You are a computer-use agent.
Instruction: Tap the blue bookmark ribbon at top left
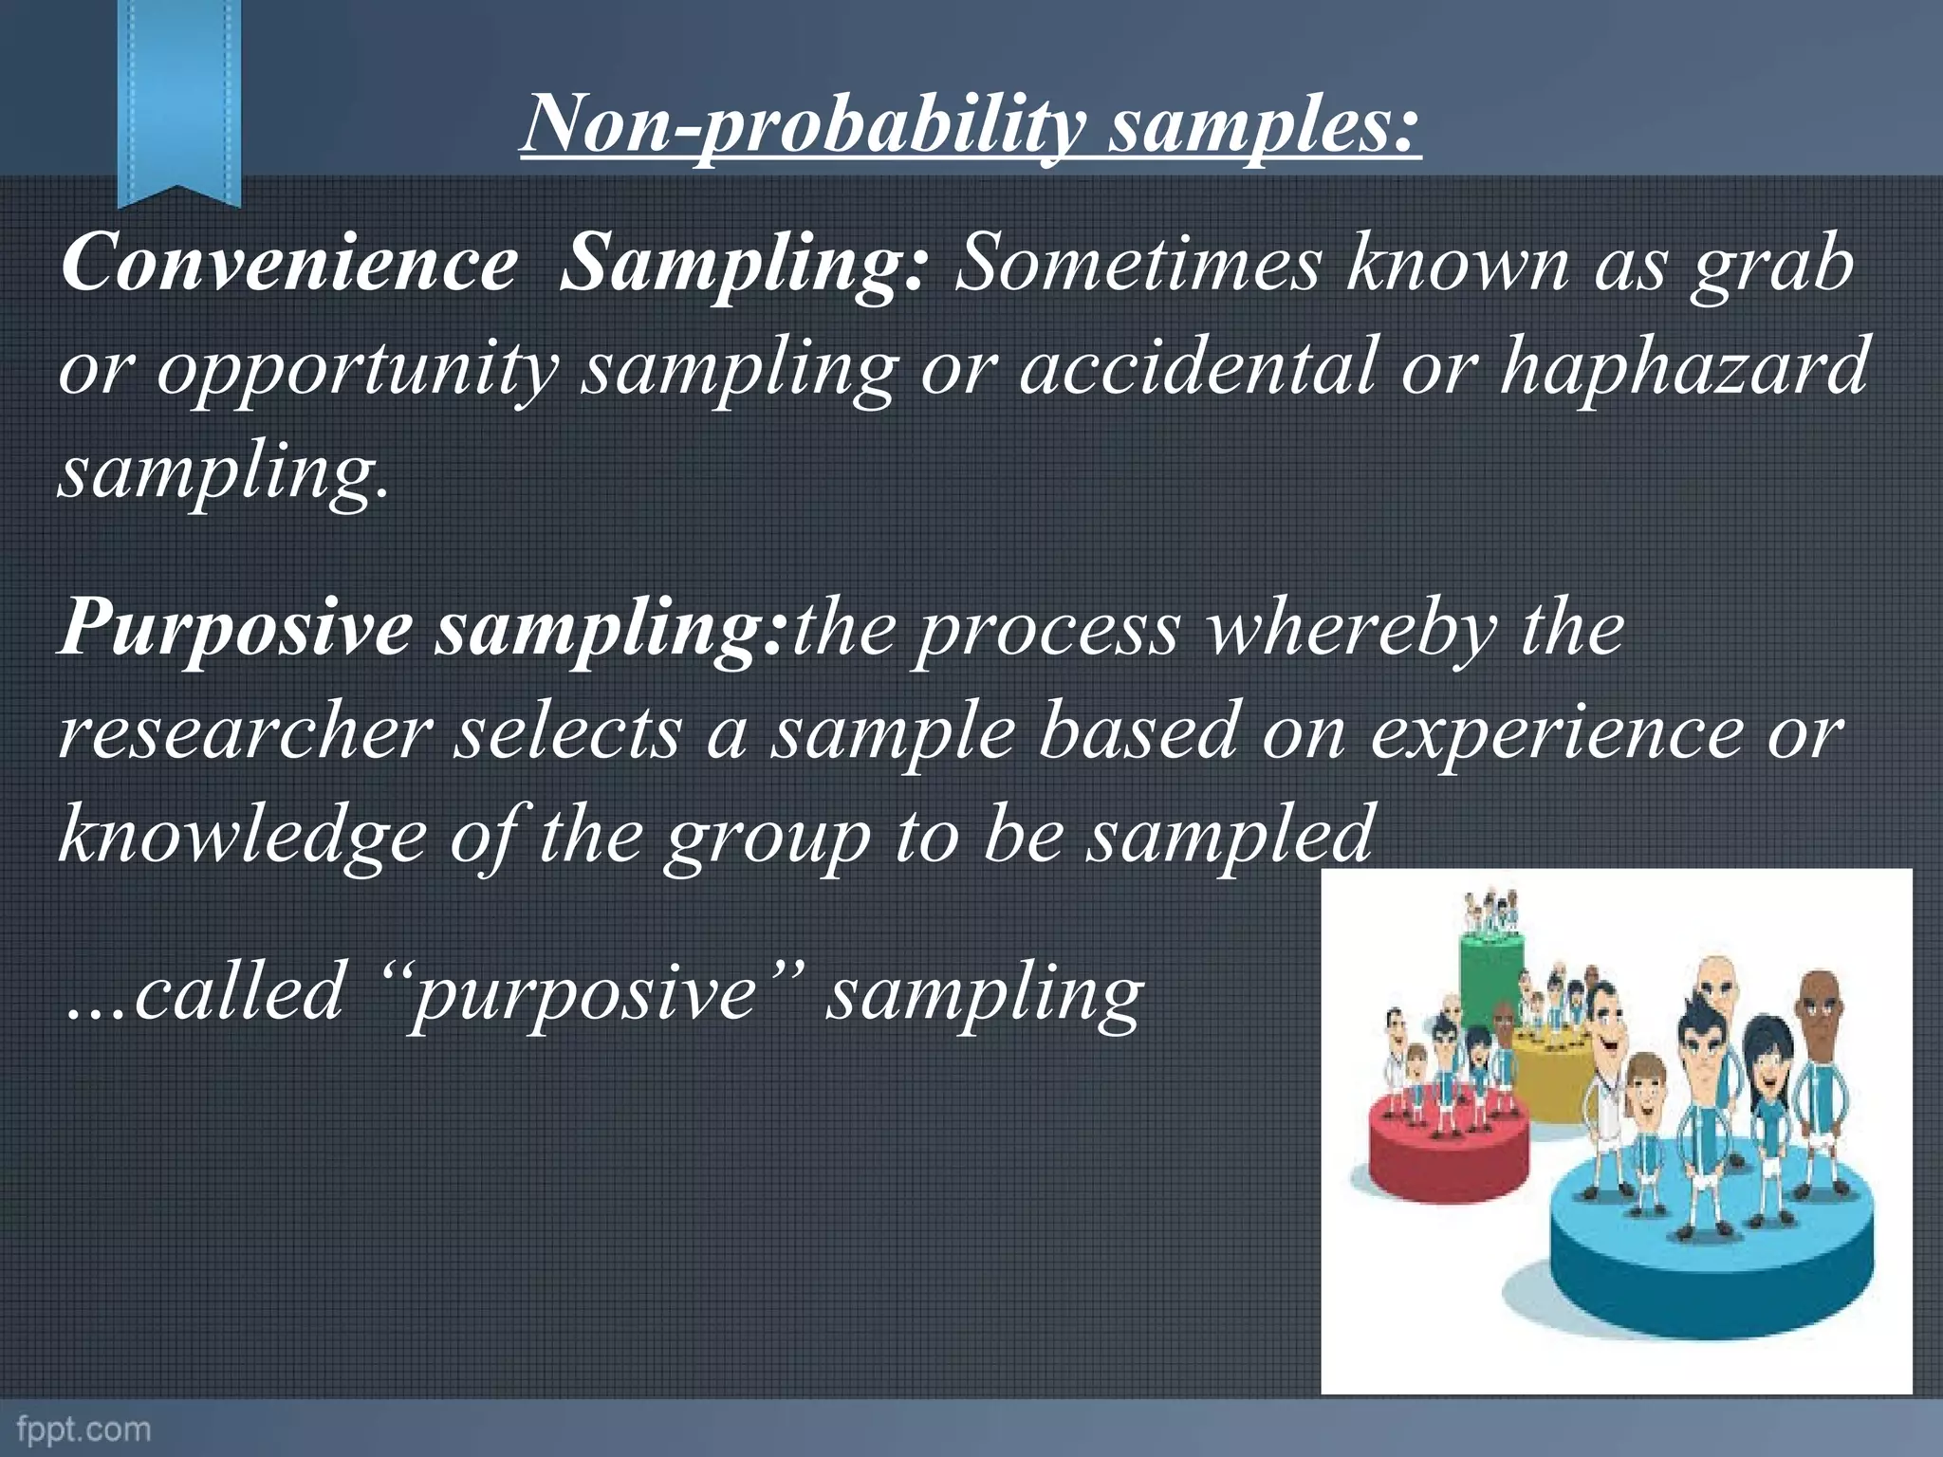(x=178, y=95)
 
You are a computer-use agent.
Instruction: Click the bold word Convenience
(x=289, y=263)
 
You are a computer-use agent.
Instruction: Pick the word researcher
(x=245, y=733)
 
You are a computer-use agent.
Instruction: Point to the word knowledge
(x=242, y=835)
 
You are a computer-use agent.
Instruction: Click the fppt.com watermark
(x=83, y=1429)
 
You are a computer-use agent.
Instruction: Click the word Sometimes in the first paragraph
(x=1137, y=264)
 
